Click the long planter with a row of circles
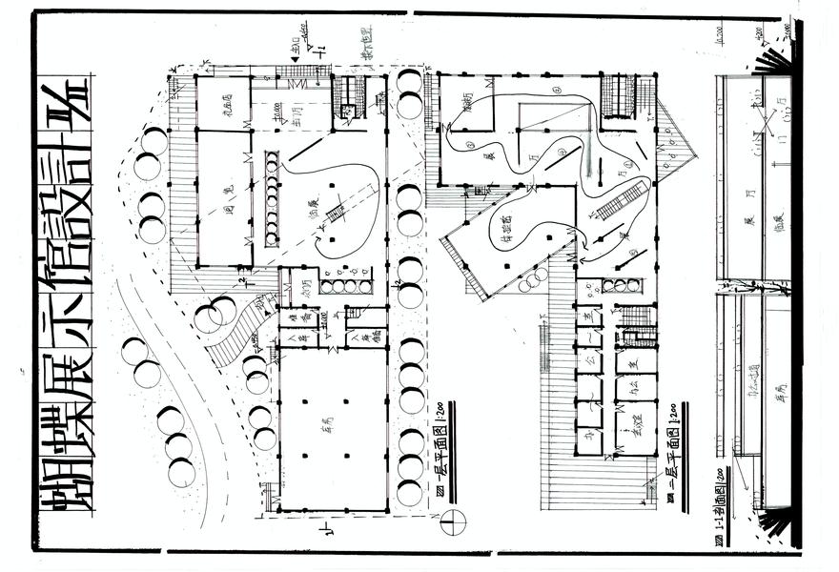click(x=272, y=199)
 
